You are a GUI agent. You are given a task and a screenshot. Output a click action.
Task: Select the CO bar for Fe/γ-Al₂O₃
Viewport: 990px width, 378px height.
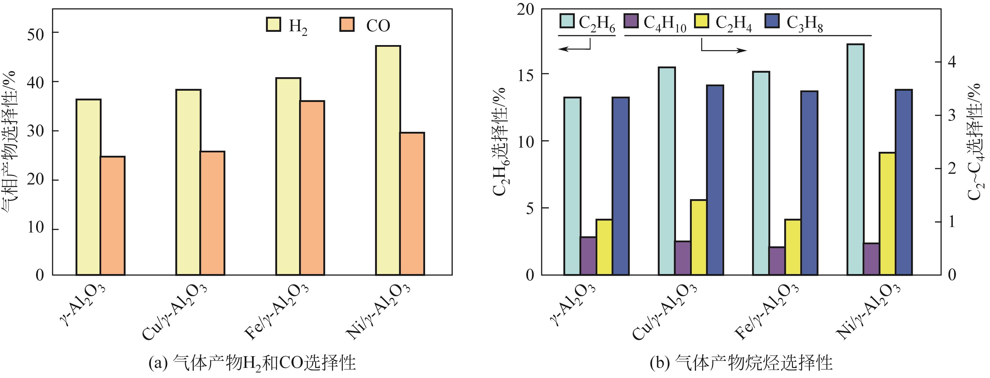(312, 188)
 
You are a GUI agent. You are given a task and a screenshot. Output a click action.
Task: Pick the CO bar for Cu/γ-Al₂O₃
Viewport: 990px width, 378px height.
(213, 213)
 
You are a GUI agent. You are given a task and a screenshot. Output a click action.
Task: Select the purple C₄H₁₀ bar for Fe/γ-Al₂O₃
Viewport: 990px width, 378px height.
(777, 261)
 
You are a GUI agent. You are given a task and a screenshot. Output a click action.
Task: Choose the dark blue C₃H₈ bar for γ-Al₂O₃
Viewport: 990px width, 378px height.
(620, 186)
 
